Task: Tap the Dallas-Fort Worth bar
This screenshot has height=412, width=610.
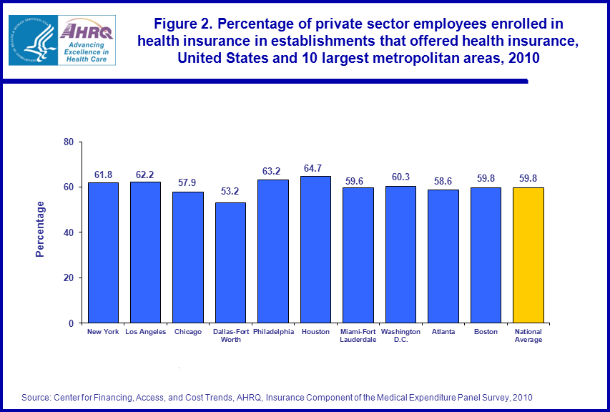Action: tap(230, 263)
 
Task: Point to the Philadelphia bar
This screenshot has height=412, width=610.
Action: tap(273, 251)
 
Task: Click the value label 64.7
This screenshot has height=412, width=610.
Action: tap(315, 169)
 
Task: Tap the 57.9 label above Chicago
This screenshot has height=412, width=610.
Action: tap(187, 184)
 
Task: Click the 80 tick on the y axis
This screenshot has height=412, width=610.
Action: tap(69, 142)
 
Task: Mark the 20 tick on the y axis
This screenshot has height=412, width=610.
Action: tap(69, 278)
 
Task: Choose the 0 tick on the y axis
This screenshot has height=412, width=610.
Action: tap(72, 323)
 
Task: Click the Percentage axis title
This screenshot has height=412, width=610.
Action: tap(41, 230)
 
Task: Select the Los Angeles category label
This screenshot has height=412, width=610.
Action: tap(145, 332)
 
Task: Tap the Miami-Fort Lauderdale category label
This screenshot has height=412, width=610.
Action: tap(358, 335)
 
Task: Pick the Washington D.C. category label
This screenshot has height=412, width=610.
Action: tap(400, 335)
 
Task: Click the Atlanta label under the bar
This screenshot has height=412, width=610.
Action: tap(443, 332)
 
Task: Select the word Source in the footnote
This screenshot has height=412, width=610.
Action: tap(34, 397)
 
